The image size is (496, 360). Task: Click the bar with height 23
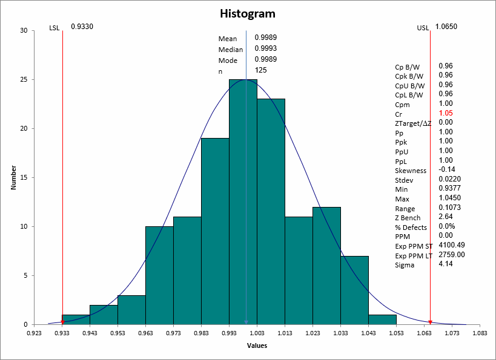click(271, 212)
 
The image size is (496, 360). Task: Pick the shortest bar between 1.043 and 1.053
click(382, 319)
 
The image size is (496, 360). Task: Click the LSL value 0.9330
click(82, 27)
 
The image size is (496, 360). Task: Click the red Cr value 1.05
click(446, 113)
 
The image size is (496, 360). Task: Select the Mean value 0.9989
click(266, 38)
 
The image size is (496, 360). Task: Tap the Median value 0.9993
click(266, 48)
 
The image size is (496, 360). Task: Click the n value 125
click(261, 70)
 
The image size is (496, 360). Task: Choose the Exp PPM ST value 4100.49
click(451, 245)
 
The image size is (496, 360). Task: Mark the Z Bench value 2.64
click(445, 217)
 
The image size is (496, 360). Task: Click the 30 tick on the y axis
click(22, 30)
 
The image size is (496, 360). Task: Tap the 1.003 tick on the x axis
click(257, 333)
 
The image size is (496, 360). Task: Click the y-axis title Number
click(13, 177)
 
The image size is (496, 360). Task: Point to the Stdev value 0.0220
click(448, 179)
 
